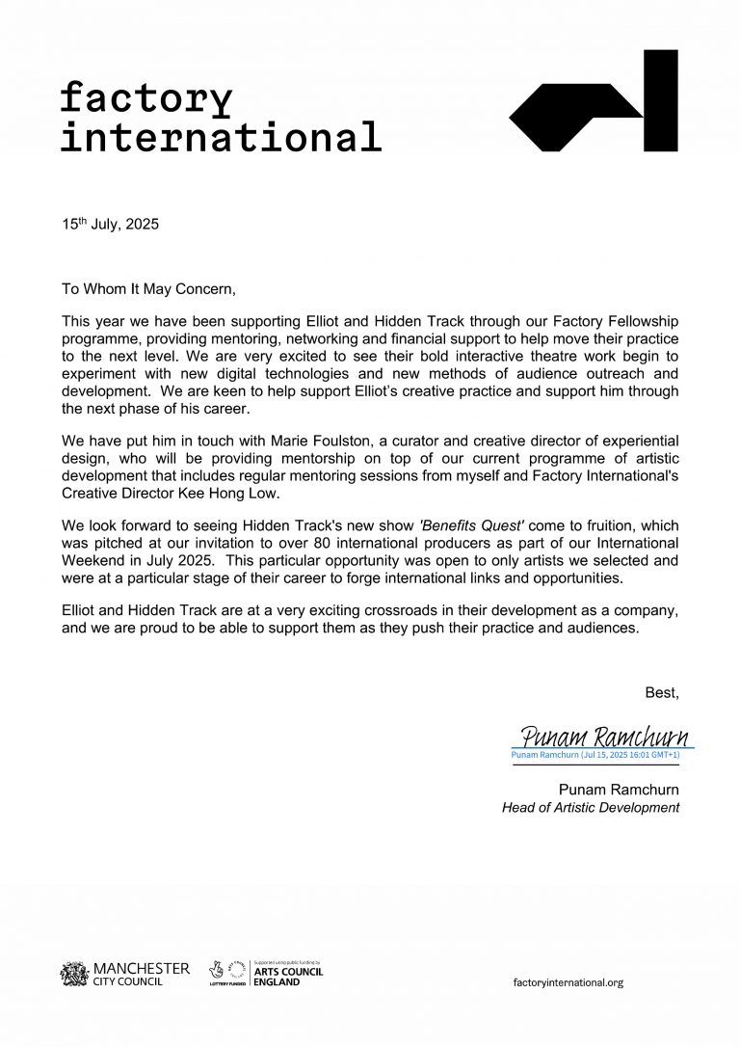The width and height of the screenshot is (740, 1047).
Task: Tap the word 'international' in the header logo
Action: point(221,138)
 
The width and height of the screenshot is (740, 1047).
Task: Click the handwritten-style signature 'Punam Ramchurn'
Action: point(604,738)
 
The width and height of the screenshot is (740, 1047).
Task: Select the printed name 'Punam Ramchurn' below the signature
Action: point(619,790)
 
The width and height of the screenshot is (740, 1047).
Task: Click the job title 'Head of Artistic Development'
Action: point(591,807)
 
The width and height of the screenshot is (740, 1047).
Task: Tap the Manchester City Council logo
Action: point(125,973)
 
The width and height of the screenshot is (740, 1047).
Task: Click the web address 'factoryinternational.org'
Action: point(568,981)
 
